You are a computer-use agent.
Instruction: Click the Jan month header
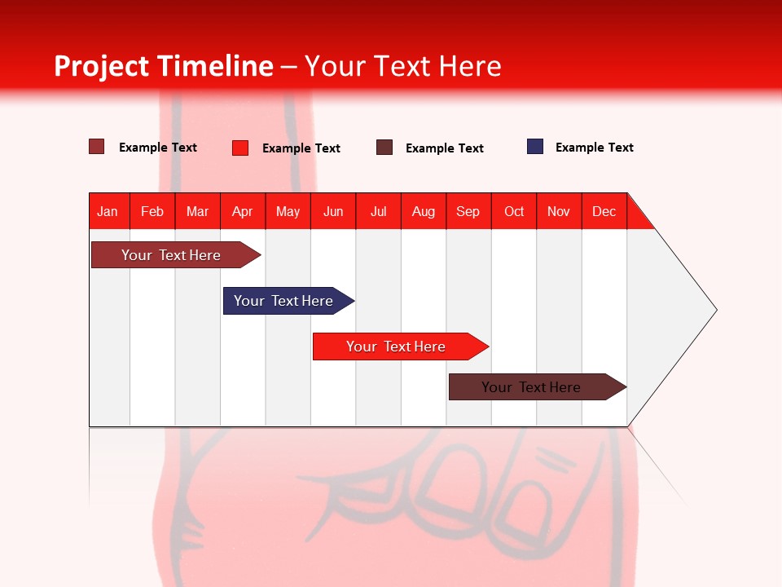108,211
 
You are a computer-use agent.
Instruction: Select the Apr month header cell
243,211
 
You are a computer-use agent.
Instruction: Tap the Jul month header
378,211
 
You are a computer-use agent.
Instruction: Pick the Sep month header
468,211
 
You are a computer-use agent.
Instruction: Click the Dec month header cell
604,211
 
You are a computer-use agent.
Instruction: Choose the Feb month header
152,211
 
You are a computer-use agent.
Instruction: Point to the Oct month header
514,211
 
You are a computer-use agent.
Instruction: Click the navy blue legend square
535,147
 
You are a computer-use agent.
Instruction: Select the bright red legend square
240,148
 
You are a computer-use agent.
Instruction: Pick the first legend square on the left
97,147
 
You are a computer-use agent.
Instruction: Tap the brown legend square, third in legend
384,148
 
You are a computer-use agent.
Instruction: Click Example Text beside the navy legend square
594,148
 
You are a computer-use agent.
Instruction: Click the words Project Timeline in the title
163,66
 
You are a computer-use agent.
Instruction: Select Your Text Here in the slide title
402,66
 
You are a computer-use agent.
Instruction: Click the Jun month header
333,211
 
